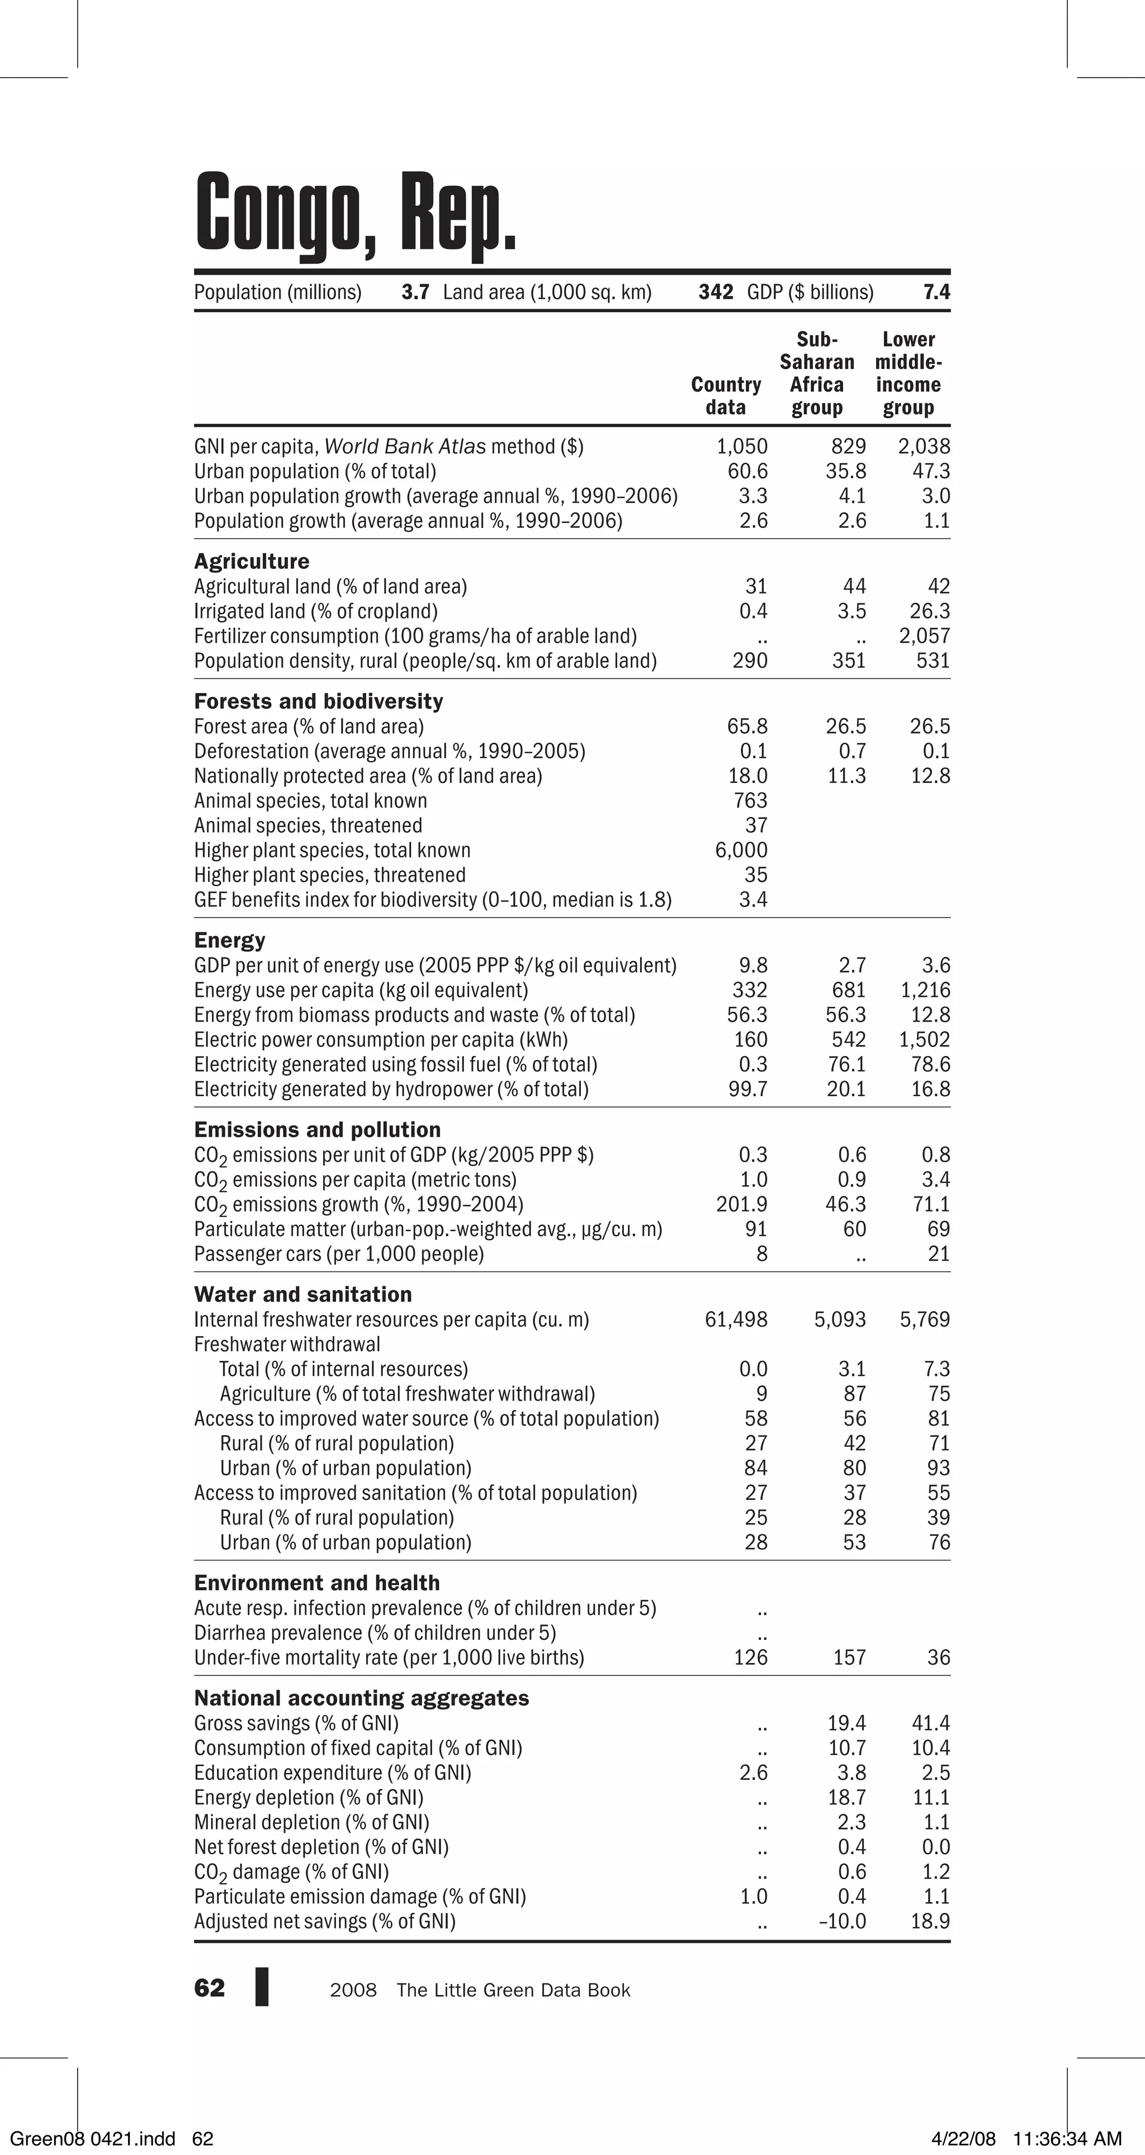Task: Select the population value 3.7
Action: click(415, 292)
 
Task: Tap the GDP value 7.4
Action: click(936, 292)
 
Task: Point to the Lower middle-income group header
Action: click(909, 373)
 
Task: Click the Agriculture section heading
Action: click(252, 562)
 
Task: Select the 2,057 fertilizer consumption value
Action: click(924, 636)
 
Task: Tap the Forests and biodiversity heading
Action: click(319, 701)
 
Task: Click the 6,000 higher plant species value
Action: click(741, 850)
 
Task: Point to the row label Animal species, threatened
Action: click(308, 826)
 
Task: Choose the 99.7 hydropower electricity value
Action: click(747, 1089)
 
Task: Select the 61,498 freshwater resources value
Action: click(736, 1319)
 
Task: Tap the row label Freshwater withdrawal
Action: click(287, 1345)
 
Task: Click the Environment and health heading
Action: click(317, 1583)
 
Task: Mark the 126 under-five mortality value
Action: click(750, 1657)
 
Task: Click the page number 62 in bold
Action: click(209, 1988)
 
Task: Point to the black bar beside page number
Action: click(262, 1987)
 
